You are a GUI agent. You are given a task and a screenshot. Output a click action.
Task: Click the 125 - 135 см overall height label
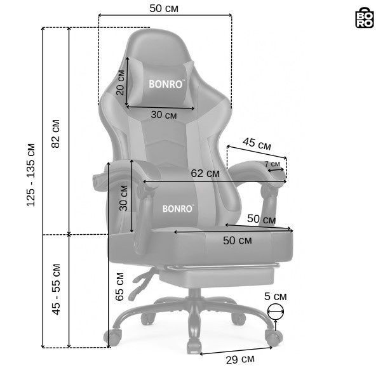(31, 175)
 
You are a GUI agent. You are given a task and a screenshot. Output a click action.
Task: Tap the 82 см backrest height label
(56, 134)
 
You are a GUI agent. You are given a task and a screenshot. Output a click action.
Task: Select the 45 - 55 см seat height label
(56, 289)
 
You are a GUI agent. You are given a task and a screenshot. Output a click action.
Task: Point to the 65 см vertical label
(119, 287)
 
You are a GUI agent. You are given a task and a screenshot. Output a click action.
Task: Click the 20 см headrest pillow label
(121, 82)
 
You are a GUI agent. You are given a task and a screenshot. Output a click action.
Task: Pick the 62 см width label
(205, 173)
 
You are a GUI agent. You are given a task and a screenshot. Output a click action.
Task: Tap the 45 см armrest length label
(257, 144)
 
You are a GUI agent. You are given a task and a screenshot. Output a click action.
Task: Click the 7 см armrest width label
(272, 164)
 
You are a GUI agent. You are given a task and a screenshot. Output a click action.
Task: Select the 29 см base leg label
(240, 360)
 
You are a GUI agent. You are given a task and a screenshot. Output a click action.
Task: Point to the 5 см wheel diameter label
(275, 296)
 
